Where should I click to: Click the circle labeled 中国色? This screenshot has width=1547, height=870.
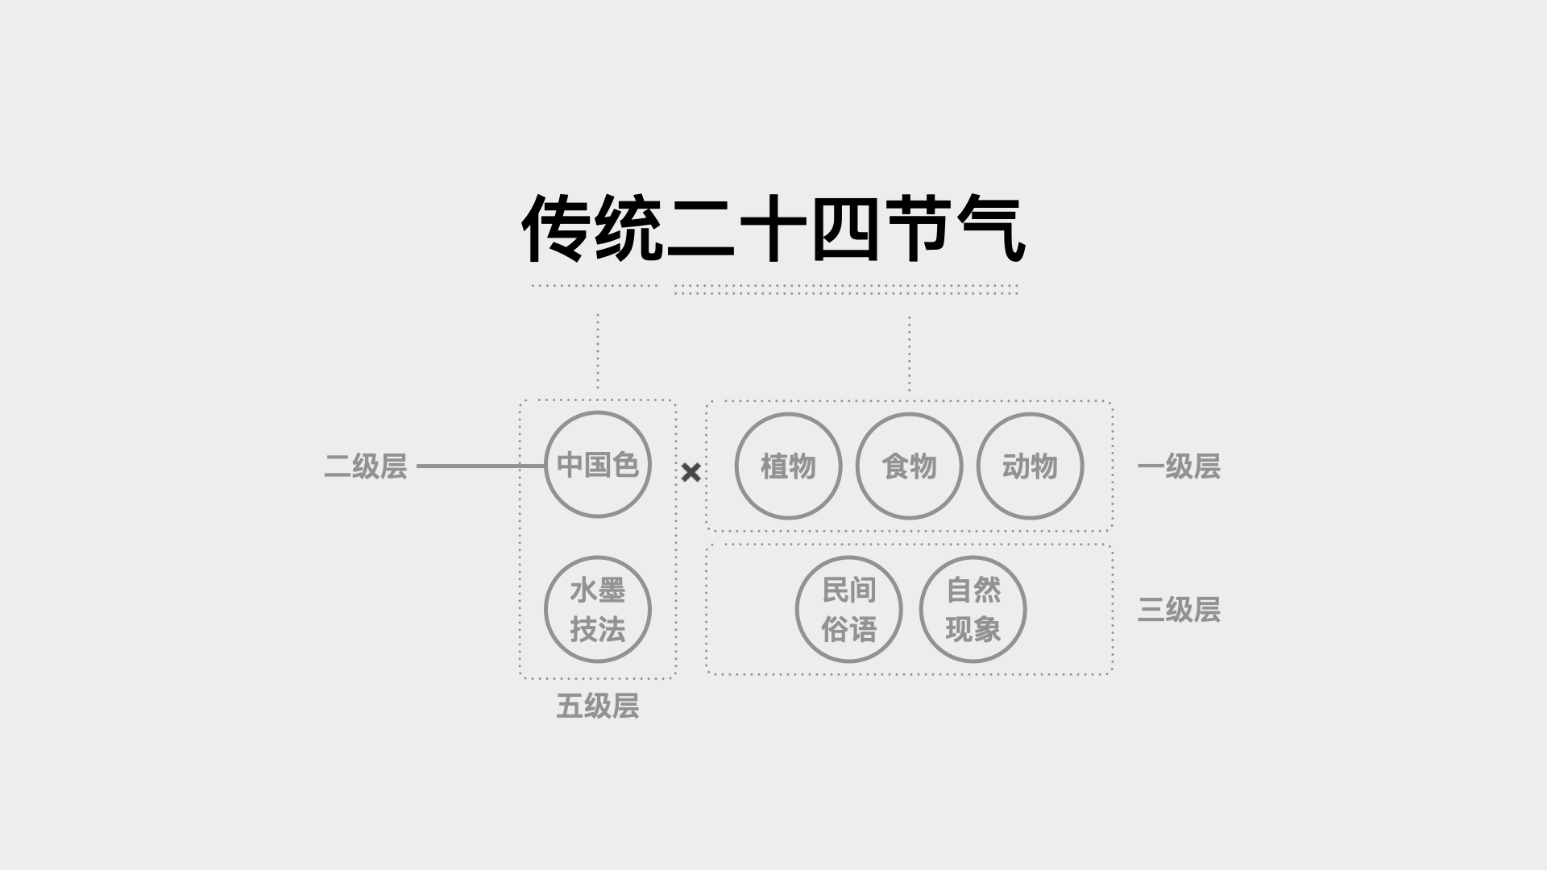pos(597,465)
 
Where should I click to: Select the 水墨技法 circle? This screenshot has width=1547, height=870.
pos(597,609)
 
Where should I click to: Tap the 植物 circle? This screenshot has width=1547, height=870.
pos(788,466)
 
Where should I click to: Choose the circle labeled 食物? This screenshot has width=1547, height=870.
pos(909,466)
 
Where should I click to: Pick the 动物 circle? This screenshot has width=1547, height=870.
pos(1030,466)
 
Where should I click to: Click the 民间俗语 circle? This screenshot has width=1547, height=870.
pos(848,609)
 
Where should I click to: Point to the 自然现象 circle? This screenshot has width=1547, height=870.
pos(973,609)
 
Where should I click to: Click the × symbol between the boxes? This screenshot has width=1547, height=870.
pos(691,473)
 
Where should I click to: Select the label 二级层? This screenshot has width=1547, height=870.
pos(365,466)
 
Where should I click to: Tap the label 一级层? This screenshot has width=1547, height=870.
pos(1178,466)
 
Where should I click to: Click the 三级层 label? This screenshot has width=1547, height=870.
pos(1178,610)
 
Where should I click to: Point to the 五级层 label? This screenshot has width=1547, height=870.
pos(597,706)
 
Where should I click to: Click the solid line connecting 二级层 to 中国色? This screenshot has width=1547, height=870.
pos(480,466)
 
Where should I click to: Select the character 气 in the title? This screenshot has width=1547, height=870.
pos(991,229)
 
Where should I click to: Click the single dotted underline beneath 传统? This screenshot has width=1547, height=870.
pos(595,286)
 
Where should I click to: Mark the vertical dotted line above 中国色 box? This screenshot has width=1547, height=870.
pos(597,351)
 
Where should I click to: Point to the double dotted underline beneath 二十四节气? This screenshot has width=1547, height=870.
pos(846,289)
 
